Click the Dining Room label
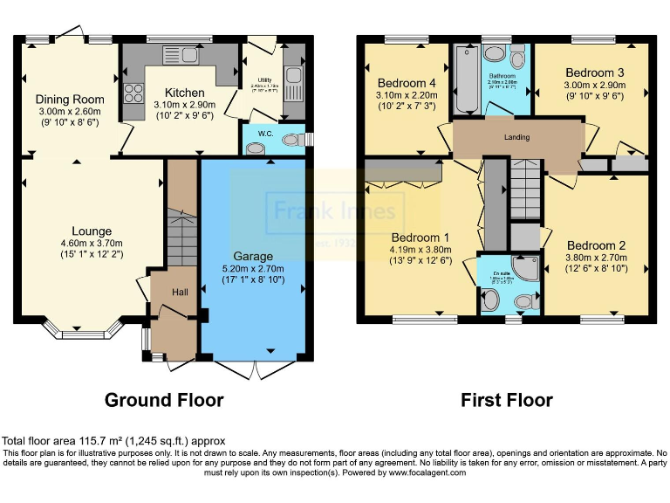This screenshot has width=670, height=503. click(70, 100)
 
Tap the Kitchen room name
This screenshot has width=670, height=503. click(185, 93)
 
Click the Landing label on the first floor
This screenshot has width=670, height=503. click(517, 137)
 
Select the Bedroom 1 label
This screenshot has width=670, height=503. click(420, 238)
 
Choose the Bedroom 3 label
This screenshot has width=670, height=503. click(591, 72)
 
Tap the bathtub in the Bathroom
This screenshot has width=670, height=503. click(462, 80)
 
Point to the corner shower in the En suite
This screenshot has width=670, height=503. click(526, 267)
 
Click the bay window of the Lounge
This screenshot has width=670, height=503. click(83, 331)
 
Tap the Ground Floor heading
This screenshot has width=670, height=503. click(164, 400)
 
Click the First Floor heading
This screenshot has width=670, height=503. click(507, 400)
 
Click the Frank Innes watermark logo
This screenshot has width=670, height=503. click(335, 211)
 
